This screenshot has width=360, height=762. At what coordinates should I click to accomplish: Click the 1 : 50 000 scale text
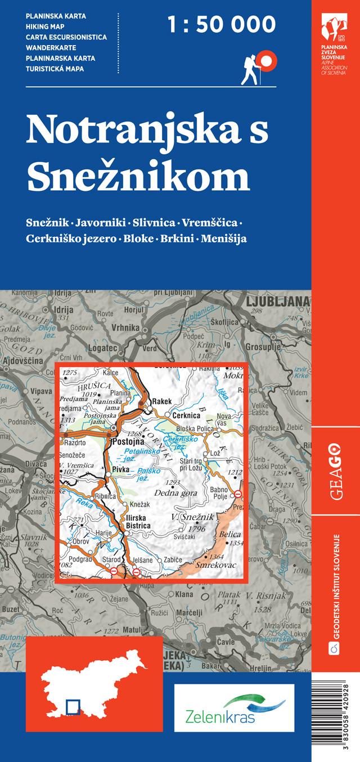(x=222, y=25)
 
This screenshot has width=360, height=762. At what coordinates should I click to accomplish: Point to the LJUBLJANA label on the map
(x=278, y=301)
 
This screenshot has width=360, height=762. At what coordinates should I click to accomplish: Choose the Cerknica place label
(x=187, y=415)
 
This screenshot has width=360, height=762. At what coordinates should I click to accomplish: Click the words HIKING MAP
(x=45, y=26)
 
